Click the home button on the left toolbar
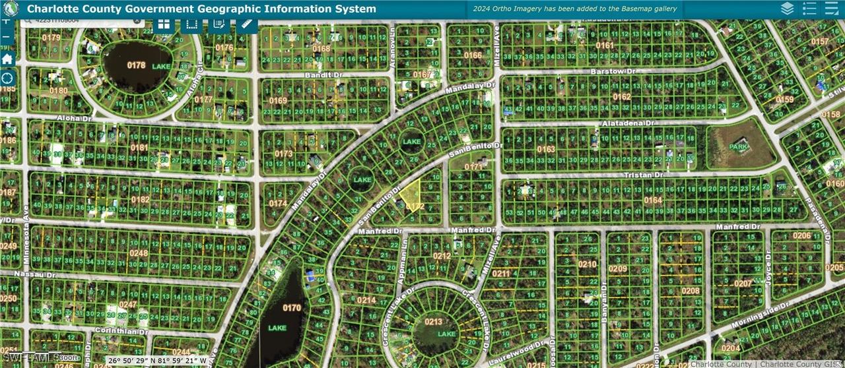7,59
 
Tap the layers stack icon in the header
787,9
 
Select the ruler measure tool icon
247,24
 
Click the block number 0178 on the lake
136,65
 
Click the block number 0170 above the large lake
291,307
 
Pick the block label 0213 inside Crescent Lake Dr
433,322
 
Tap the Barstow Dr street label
607,71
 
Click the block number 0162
621,97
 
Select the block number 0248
139,253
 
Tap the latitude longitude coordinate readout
157,361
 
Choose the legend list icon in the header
809,9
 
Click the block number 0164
652,200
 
